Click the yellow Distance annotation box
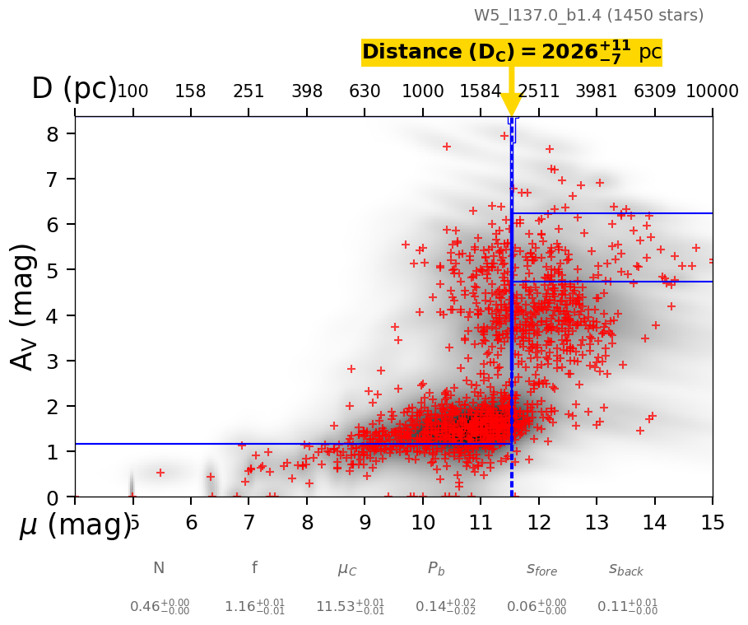(511, 53)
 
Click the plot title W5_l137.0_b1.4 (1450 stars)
(588, 15)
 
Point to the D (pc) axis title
(74, 89)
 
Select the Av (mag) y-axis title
(24, 306)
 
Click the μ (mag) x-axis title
(74, 525)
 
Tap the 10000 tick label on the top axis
(712, 91)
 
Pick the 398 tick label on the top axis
(307, 91)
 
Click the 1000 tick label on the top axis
(423, 91)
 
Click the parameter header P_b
(436, 568)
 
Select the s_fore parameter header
(541, 568)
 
